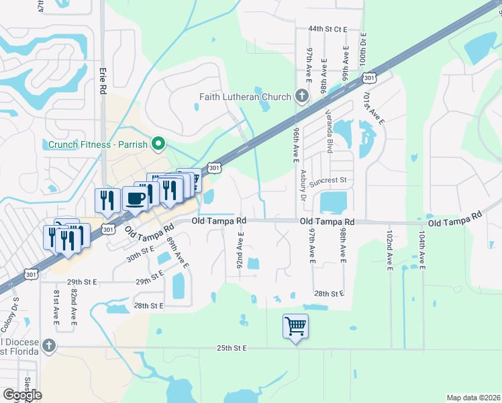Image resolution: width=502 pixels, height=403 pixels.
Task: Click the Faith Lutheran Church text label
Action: (245, 97)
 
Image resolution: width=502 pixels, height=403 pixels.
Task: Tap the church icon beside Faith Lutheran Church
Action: (301, 96)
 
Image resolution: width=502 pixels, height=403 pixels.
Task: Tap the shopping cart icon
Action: (295, 326)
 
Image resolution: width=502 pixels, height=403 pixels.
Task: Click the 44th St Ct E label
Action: (328, 30)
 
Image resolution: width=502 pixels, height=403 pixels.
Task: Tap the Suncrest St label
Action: (328, 180)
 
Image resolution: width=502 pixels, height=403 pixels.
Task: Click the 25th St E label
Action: (232, 348)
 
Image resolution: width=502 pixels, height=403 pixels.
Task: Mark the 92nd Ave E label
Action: (240, 249)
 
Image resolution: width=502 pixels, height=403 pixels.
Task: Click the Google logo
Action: (21, 395)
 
